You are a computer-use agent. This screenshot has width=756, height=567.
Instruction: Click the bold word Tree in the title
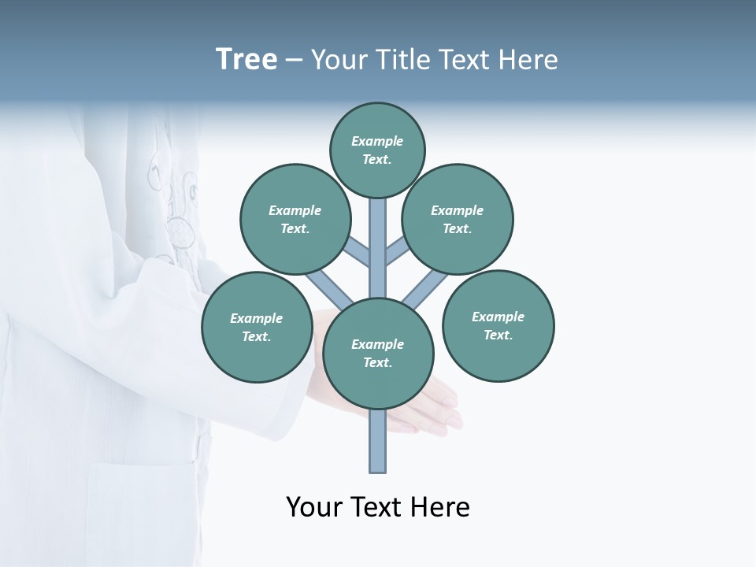point(246,60)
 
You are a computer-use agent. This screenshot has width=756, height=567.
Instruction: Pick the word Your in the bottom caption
point(315,507)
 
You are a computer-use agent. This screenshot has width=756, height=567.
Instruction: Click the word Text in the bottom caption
point(376,507)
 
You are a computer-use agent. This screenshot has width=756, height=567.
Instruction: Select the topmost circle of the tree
point(377,150)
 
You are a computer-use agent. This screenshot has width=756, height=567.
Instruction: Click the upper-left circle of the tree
point(295,219)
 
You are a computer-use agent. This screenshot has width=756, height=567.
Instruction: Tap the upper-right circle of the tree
point(458,219)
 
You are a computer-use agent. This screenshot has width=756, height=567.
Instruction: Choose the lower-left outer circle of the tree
point(257,327)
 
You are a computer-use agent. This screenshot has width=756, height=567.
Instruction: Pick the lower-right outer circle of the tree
point(498,326)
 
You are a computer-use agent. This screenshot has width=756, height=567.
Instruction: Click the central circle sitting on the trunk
point(378,354)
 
